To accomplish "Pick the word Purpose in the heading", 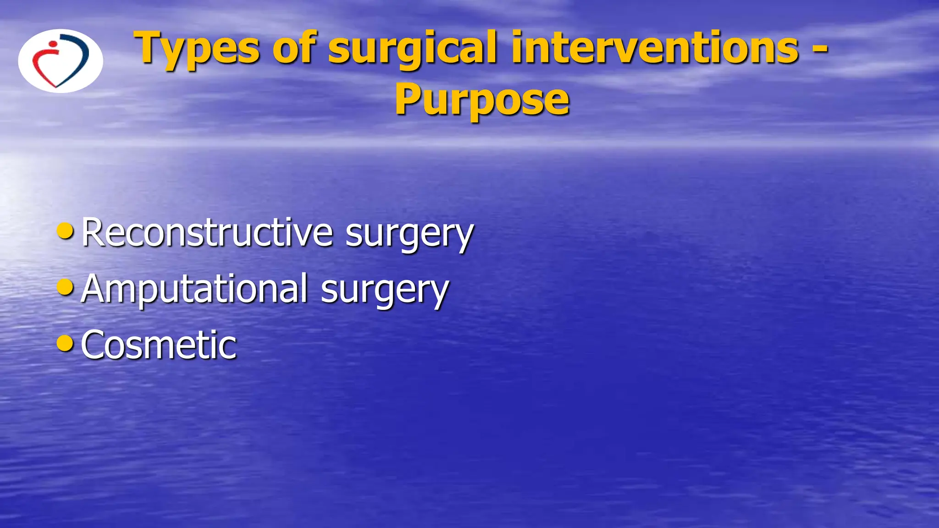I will click(482, 100).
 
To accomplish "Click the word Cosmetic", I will click(159, 345).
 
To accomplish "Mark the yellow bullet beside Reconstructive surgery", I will click(65, 231).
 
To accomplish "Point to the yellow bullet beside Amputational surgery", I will click(65, 287).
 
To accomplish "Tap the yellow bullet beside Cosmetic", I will click(65, 343).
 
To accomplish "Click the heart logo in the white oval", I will click(61, 61).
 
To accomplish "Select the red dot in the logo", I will click(53, 44).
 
